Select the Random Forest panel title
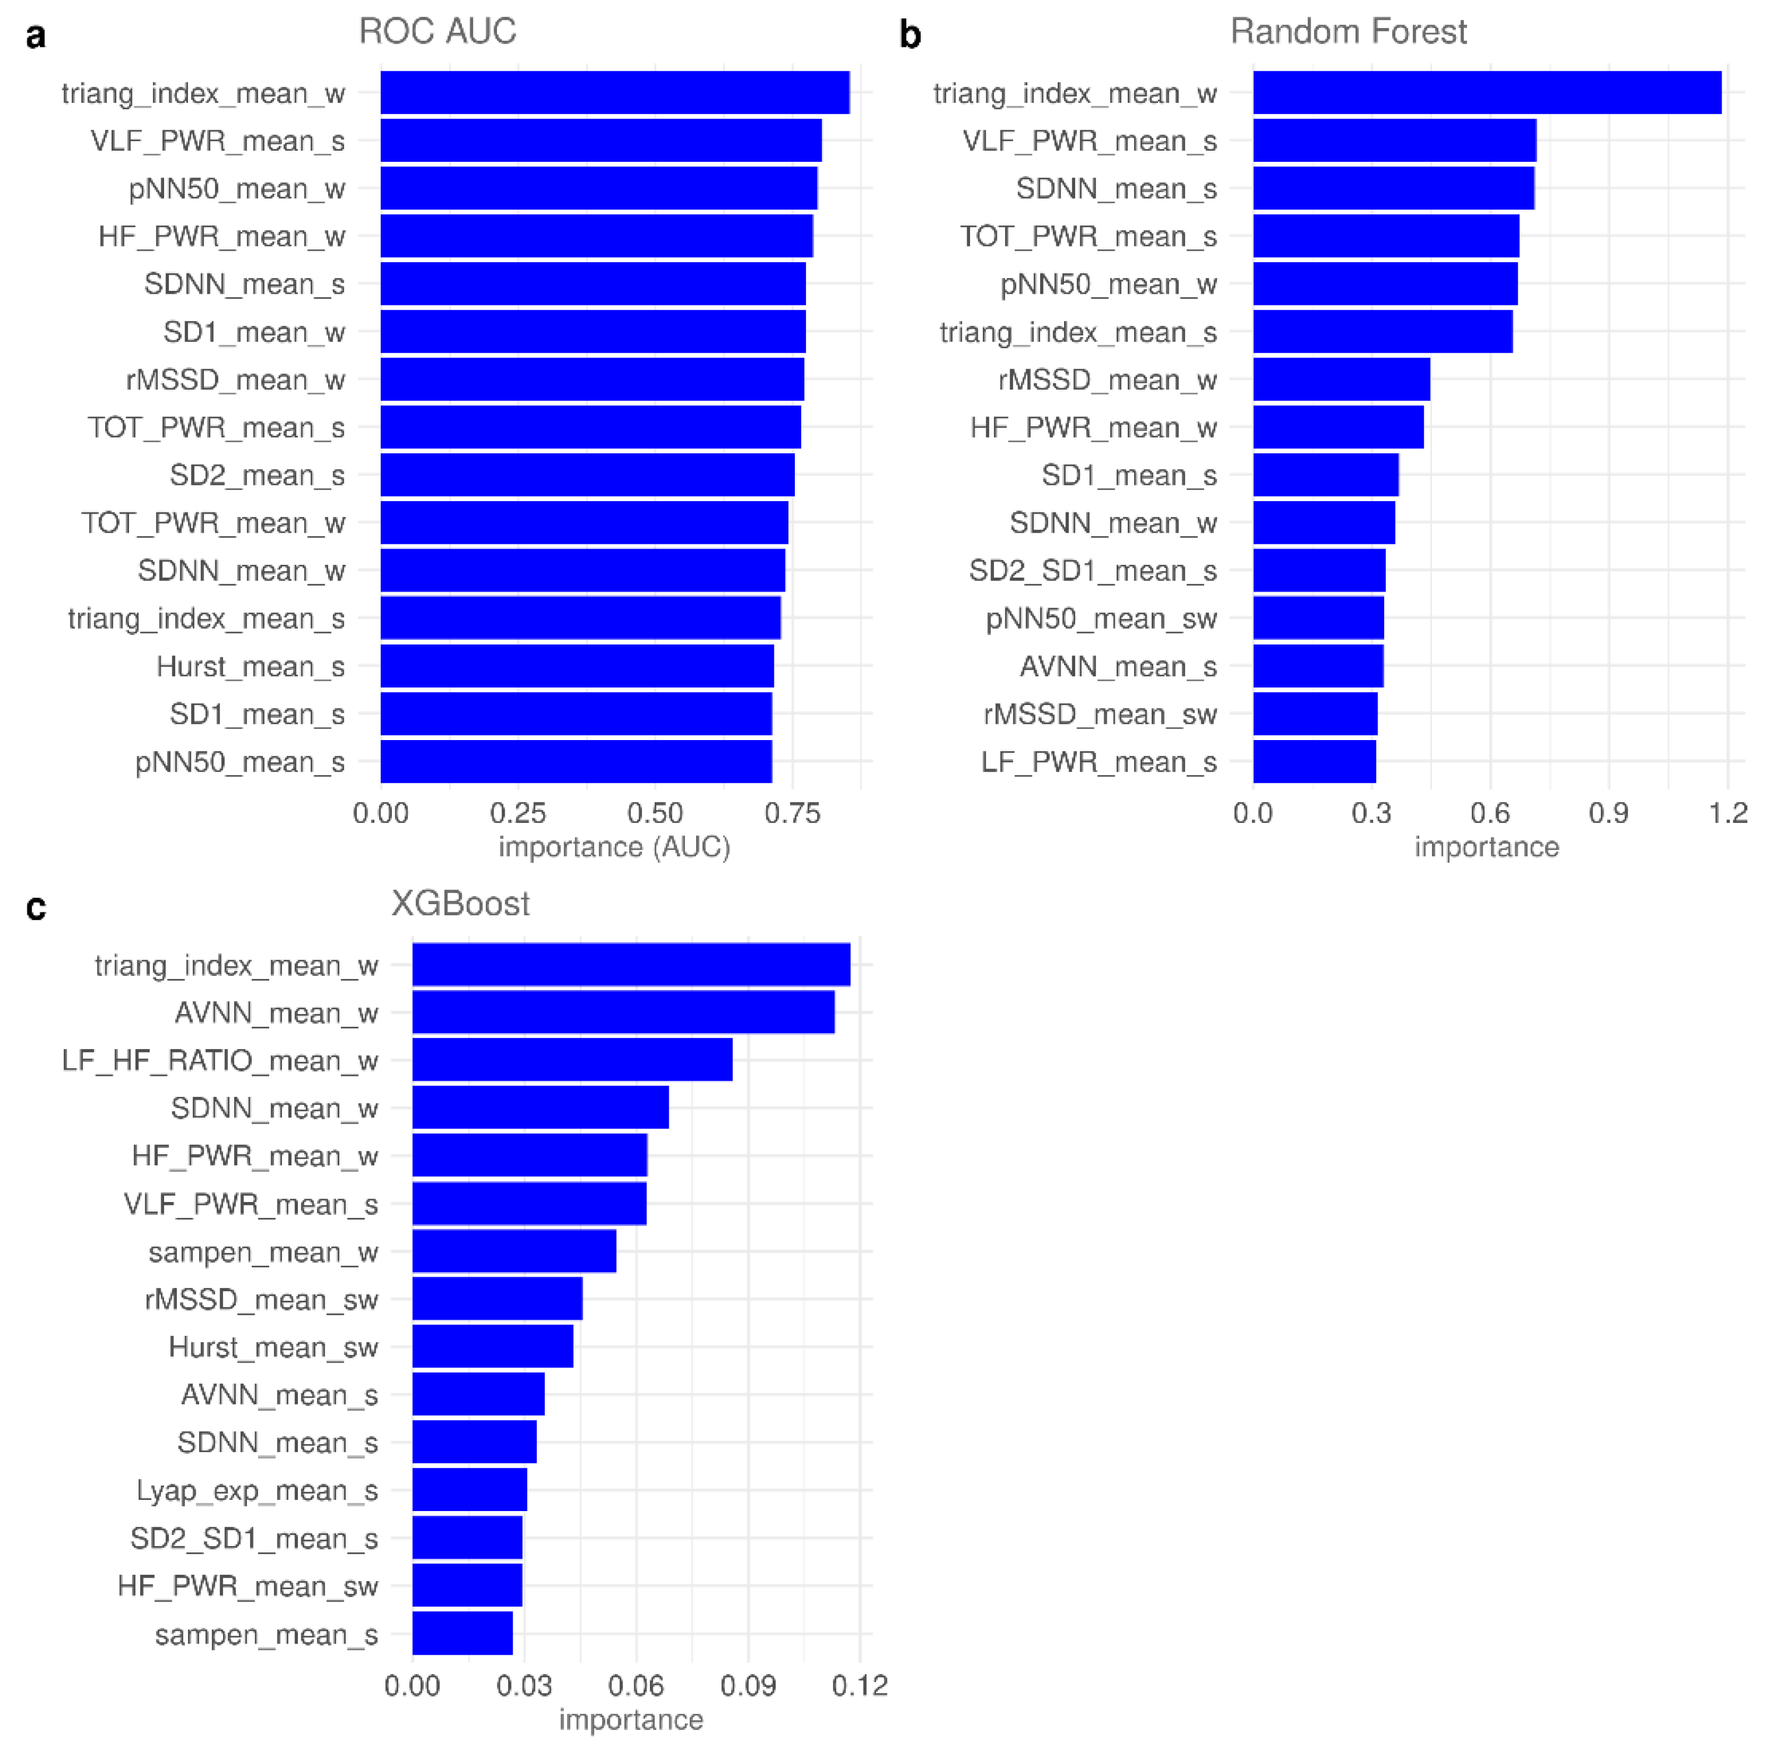(1347, 32)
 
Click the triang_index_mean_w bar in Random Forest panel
(1486, 92)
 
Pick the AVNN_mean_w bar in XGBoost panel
(623, 1012)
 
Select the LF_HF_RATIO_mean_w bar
(572, 1059)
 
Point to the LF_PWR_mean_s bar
(1313, 761)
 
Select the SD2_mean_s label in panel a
(257, 475)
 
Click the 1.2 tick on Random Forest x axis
(1727, 812)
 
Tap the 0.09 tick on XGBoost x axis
(748, 1685)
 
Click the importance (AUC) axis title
(614, 846)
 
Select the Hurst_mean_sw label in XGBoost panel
(273, 1346)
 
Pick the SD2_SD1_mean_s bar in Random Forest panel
(1318, 570)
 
